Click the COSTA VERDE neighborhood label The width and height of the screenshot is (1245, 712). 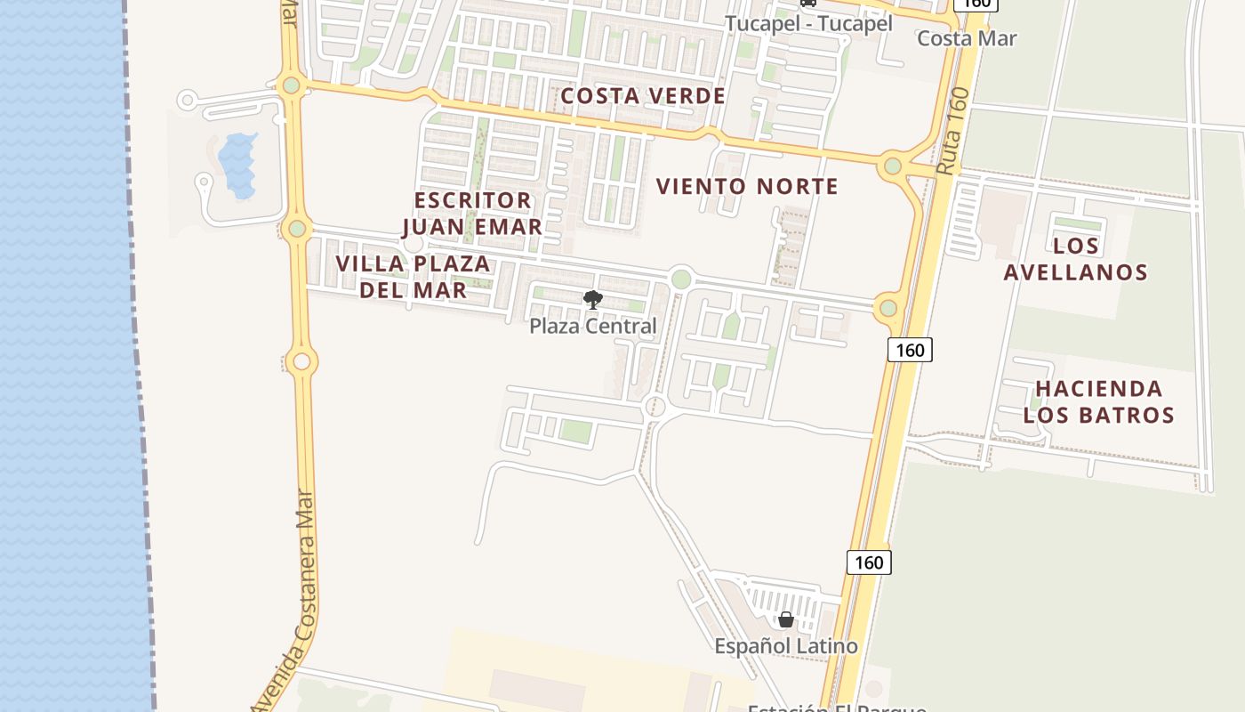(643, 96)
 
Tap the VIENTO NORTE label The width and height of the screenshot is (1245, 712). (747, 187)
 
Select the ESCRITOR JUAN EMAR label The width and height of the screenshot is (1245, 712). (471, 214)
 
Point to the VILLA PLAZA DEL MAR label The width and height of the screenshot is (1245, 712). (414, 277)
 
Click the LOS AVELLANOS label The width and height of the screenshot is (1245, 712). (1076, 259)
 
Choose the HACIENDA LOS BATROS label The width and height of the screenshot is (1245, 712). (1099, 401)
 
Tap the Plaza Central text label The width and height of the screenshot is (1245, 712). (592, 327)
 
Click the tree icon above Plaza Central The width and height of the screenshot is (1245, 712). (592, 300)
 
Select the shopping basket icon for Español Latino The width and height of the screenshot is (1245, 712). (785, 619)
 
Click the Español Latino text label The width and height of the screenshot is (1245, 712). (786, 646)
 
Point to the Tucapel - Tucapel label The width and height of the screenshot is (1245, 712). (808, 24)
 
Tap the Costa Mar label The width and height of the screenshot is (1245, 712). (967, 38)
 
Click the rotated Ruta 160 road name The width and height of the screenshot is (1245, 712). (951, 130)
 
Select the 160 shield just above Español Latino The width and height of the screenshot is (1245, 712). (868, 562)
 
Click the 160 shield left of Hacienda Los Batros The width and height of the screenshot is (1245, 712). (910, 350)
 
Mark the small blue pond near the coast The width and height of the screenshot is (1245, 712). (237, 165)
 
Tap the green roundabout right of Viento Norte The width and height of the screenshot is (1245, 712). (893, 166)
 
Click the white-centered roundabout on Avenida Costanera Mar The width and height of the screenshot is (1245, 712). (301, 361)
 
